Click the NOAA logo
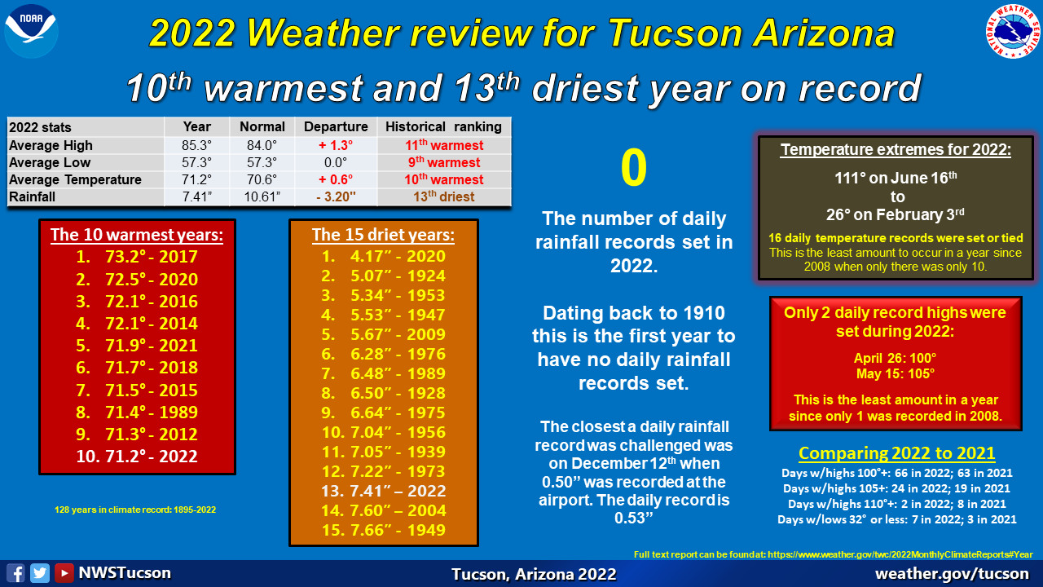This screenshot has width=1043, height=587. (31, 31)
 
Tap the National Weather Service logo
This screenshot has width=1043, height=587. (1013, 31)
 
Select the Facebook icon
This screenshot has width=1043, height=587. (15, 573)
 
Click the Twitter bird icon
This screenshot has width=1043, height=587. (40, 573)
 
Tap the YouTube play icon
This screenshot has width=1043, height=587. (64, 573)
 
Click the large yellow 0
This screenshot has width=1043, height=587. (634, 168)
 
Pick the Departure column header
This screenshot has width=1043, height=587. (336, 126)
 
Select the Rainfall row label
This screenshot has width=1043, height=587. (32, 196)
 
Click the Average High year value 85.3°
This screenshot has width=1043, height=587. (196, 145)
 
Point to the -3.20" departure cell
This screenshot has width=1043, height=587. (336, 196)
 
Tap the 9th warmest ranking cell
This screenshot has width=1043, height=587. (444, 162)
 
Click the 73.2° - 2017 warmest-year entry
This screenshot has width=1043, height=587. (137, 257)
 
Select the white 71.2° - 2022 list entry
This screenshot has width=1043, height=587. (137, 456)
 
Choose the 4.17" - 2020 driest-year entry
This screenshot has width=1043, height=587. (384, 256)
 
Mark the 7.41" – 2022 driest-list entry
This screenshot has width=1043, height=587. (384, 491)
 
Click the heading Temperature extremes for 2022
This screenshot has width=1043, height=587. (896, 149)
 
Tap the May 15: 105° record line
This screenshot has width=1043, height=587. (896, 373)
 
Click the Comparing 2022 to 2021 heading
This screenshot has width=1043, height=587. (897, 452)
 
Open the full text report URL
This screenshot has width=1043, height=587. (900, 554)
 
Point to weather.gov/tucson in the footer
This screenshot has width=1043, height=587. (953, 573)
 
